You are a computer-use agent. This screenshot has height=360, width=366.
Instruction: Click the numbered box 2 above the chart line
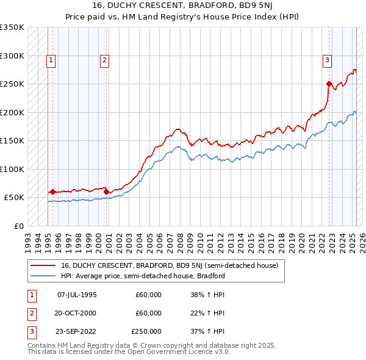click(x=104, y=60)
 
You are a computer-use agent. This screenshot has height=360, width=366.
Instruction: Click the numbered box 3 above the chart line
click(x=328, y=60)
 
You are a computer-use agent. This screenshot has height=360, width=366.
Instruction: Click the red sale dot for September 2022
click(x=329, y=84)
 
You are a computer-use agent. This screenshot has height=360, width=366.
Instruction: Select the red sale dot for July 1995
click(x=52, y=192)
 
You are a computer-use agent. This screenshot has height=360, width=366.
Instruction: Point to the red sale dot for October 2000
click(x=107, y=192)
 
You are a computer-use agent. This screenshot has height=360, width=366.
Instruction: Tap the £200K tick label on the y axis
click(x=12, y=112)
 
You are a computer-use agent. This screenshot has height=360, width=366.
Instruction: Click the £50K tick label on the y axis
click(x=13, y=198)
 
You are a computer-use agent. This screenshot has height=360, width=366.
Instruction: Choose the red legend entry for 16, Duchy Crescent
click(x=169, y=265)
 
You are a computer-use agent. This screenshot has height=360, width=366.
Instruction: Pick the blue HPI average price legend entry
click(x=143, y=276)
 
